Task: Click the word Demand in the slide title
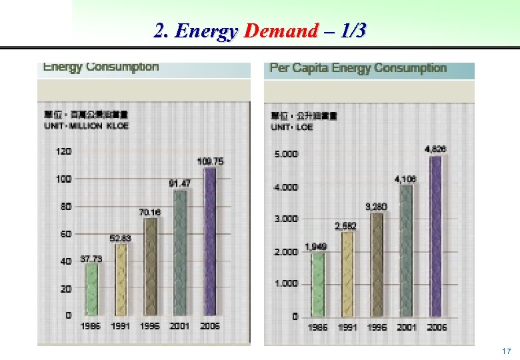click(281, 31)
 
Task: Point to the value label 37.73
click(91, 258)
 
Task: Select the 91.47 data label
click(180, 183)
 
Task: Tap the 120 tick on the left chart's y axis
click(63, 151)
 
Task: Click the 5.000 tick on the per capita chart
click(286, 154)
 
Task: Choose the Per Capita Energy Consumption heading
click(357, 68)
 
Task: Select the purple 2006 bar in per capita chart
click(436, 236)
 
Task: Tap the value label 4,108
click(405, 179)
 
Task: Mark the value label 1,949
click(316, 247)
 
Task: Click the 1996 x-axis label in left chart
click(151, 326)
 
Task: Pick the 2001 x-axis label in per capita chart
click(407, 327)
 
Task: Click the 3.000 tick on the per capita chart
click(286, 219)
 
